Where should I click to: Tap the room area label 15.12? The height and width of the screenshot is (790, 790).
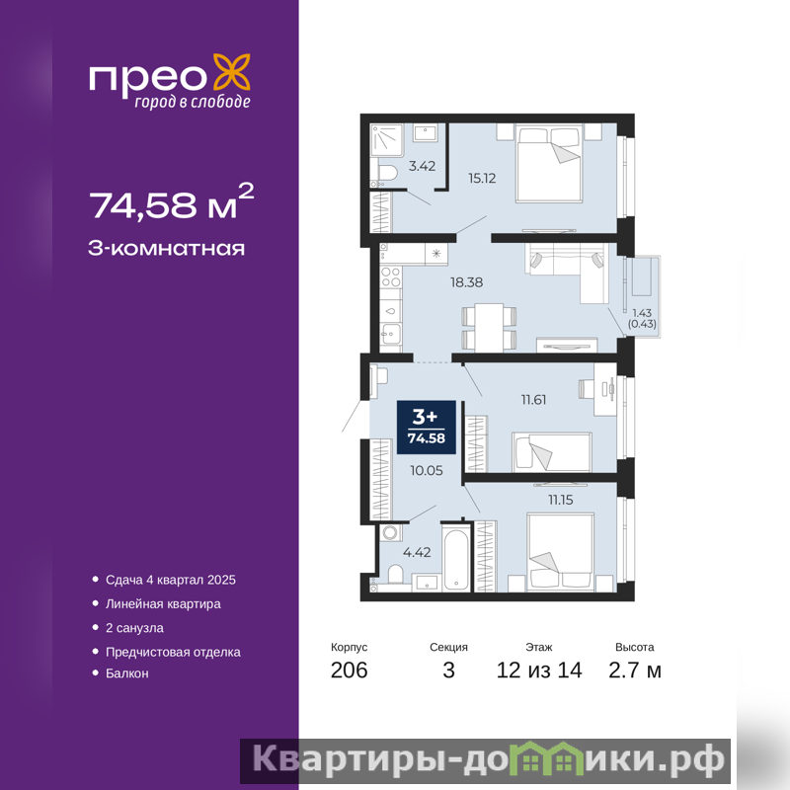point(482,178)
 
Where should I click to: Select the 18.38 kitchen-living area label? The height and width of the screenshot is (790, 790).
point(466,282)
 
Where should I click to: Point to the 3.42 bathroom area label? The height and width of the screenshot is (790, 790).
point(422,166)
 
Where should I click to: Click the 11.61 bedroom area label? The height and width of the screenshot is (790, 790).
point(533,400)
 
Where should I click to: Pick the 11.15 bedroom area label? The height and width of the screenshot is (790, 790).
point(561,500)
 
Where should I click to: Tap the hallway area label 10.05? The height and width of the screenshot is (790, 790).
point(427,470)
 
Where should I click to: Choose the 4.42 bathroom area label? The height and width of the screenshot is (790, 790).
point(417,552)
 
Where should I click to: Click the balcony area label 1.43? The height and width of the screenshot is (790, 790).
point(642,313)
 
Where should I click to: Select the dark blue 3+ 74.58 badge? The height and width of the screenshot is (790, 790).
point(427,428)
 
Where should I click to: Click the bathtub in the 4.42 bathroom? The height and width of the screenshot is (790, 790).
point(457,559)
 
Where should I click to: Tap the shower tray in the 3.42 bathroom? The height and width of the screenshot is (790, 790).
point(387,139)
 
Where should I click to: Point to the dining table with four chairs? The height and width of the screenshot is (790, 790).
point(489,328)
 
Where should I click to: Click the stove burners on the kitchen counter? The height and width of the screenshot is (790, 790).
point(391,276)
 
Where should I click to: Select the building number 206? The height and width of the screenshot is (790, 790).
point(350,671)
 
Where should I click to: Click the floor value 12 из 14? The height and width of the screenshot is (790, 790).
point(539,671)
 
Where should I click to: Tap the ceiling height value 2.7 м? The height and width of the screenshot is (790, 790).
point(635,671)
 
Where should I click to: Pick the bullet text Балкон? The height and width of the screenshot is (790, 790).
point(127,673)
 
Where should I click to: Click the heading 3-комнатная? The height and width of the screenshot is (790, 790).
point(166,249)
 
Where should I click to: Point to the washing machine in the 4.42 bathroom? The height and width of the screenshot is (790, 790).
point(390,533)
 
